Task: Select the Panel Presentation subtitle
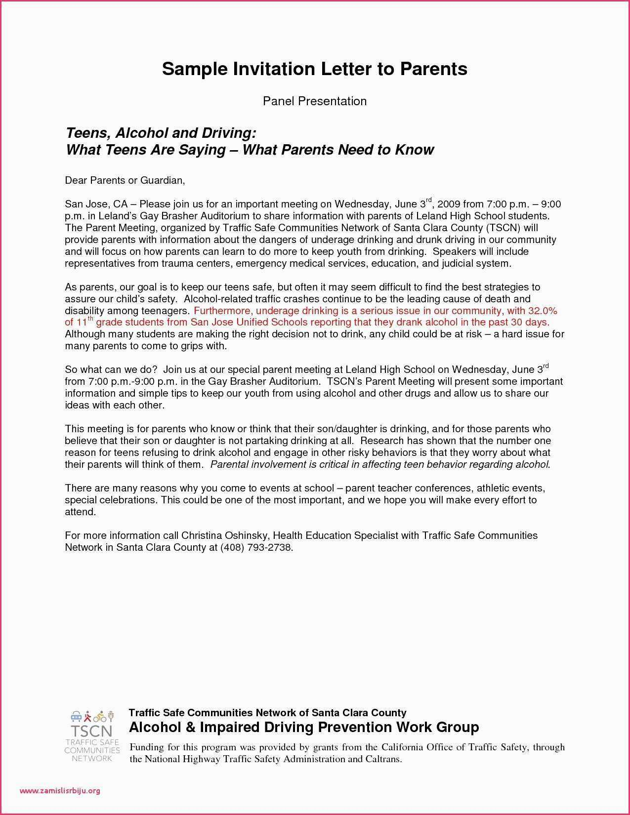click(315, 101)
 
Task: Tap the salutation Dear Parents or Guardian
click(125, 180)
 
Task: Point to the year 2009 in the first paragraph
click(449, 204)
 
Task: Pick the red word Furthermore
click(223, 311)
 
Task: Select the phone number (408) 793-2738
click(256, 547)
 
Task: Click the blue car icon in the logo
click(76, 716)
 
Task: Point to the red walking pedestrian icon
click(88, 716)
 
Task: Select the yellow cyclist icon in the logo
click(100, 716)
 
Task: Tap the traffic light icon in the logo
click(111, 716)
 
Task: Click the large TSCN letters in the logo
click(91, 731)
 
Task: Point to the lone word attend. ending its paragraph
click(80, 512)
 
